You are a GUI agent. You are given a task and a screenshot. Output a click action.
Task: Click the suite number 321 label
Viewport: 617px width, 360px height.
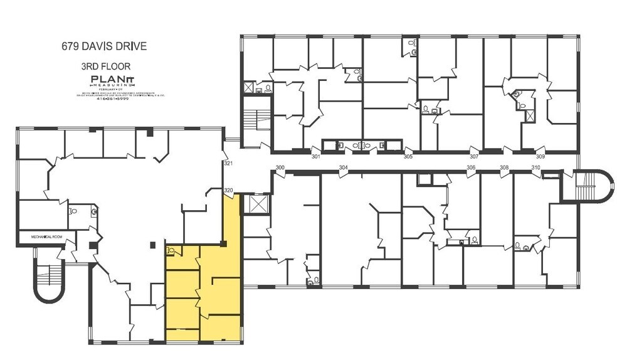[x=228, y=164]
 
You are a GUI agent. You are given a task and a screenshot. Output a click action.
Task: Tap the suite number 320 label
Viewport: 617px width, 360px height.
[x=228, y=190]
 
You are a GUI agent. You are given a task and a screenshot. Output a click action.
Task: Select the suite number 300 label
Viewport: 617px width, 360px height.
[x=280, y=167]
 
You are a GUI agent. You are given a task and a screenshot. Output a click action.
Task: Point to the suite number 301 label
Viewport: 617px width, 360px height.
[x=316, y=156]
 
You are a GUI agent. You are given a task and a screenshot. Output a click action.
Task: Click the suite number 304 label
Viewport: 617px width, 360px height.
[x=343, y=167]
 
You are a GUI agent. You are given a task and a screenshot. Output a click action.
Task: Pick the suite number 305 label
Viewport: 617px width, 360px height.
[x=408, y=156]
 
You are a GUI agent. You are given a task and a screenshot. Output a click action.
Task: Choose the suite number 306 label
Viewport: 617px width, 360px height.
[x=471, y=167]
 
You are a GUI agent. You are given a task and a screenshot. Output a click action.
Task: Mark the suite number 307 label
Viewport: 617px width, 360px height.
[x=474, y=156]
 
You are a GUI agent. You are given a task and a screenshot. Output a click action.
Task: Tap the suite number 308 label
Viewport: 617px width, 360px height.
[x=504, y=167]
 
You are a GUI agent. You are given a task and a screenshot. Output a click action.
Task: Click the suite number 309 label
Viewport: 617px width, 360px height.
[x=540, y=156]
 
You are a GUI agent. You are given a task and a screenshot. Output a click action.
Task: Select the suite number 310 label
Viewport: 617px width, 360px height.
[x=535, y=167]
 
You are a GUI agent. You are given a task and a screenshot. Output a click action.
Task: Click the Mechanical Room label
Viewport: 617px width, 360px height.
[x=47, y=237]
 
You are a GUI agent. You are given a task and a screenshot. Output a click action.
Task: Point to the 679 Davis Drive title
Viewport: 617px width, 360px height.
[x=103, y=46]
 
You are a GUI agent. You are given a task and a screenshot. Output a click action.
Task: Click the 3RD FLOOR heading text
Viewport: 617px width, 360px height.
[x=105, y=65]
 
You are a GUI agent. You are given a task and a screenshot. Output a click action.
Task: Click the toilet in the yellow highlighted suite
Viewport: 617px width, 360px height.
[x=170, y=250]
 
